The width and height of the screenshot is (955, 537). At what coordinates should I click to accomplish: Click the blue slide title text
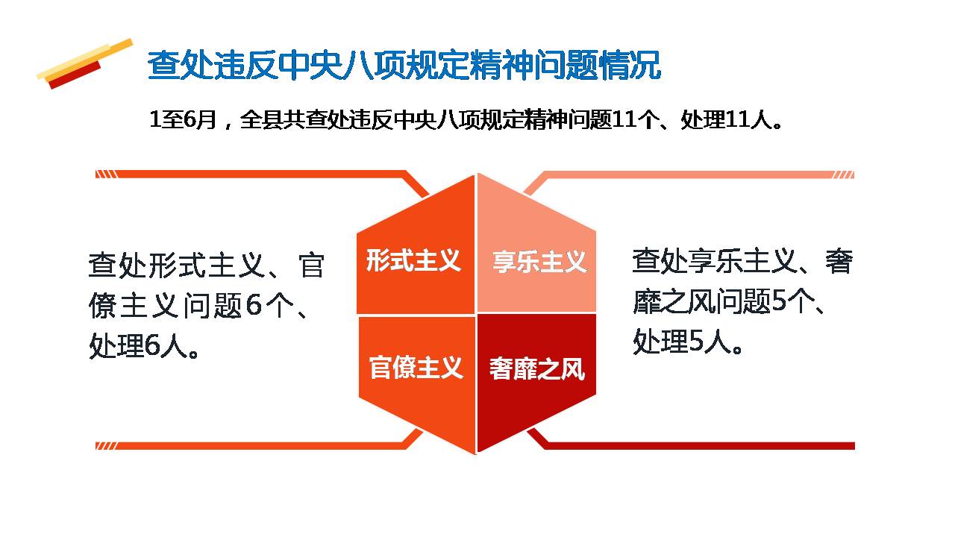pyautogui.click(x=404, y=65)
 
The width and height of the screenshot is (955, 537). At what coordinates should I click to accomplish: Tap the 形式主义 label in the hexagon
pyautogui.click(x=413, y=260)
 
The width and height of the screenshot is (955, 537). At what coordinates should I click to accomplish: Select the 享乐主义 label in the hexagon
pyautogui.click(x=539, y=262)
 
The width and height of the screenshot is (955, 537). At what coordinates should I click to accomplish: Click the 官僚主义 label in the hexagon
pyautogui.click(x=416, y=368)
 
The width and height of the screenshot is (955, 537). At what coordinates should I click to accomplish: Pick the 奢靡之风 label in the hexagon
pyautogui.click(x=537, y=368)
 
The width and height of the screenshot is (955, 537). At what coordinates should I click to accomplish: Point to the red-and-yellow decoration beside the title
pyautogui.click(x=85, y=64)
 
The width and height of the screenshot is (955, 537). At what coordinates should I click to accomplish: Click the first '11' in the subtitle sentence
pyautogui.click(x=624, y=120)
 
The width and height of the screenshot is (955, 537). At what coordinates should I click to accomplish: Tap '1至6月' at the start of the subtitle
pyautogui.click(x=184, y=120)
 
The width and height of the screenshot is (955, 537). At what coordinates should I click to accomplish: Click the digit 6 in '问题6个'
pyautogui.click(x=254, y=305)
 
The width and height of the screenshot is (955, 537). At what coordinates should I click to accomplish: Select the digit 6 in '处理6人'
pyautogui.click(x=151, y=345)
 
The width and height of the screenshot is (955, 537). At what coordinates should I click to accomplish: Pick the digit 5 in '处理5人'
pyautogui.click(x=696, y=341)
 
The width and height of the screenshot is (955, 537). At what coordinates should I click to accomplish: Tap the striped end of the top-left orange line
pyautogui.click(x=106, y=175)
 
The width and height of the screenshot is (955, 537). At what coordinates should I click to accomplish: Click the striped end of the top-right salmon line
pyautogui.click(x=843, y=175)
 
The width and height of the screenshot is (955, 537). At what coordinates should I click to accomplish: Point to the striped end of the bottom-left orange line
pyautogui.click(x=106, y=446)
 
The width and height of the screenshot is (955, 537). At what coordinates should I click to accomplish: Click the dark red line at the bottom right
pyautogui.click(x=699, y=446)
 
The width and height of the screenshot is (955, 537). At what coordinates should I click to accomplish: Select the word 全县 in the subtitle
pyautogui.click(x=261, y=120)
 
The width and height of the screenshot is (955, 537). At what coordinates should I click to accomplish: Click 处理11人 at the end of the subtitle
pyautogui.click(x=730, y=120)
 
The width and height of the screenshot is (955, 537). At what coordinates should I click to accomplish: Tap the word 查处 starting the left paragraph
pyautogui.click(x=118, y=265)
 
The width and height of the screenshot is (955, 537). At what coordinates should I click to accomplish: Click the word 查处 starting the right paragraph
pyautogui.click(x=661, y=261)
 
